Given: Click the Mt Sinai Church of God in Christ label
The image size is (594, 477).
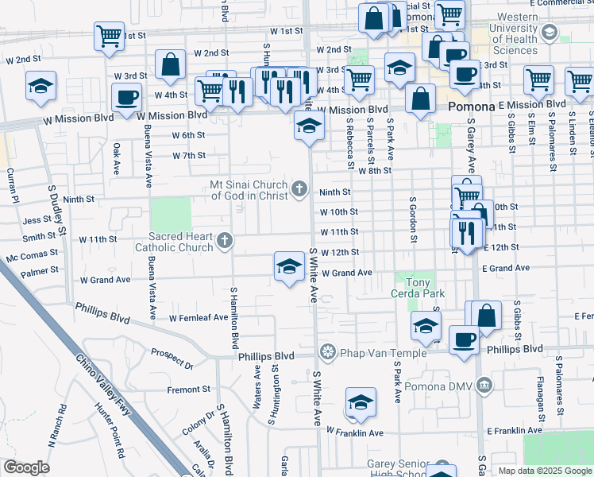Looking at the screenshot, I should (248, 190).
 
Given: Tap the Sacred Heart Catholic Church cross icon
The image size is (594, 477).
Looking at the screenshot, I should (225, 240).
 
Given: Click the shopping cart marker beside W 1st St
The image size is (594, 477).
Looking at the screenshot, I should (109, 35).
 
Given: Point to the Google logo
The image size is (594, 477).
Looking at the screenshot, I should (27, 468).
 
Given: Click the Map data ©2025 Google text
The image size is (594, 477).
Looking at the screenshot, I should (545, 471).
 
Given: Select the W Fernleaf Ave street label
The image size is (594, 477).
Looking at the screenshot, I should (199, 318).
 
